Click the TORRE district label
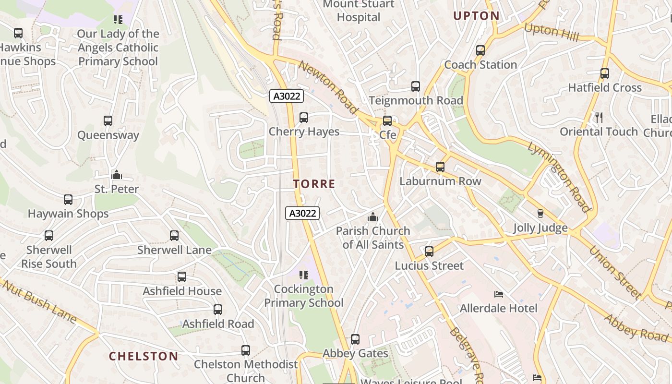(x=314, y=184)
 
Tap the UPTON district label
(x=476, y=16)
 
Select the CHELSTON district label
(x=143, y=356)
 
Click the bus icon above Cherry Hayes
(x=303, y=118)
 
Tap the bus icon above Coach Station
(x=480, y=50)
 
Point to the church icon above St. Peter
(x=116, y=175)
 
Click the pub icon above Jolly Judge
(x=540, y=214)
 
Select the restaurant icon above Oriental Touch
(x=599, y=117)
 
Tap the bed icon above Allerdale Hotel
(x=498, y=294)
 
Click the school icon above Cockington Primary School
(x=303, y=275)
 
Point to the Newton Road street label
(x=328, y=87)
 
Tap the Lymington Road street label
(x=558, y=177)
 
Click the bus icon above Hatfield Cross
(x=604, y=73)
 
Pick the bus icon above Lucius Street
(x=429, y=251)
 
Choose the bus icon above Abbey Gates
(x=355, y=339)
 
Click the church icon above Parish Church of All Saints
(x=372, y=217)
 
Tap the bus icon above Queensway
(x=108, y=121)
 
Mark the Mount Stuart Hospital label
(x=358, y=11)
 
